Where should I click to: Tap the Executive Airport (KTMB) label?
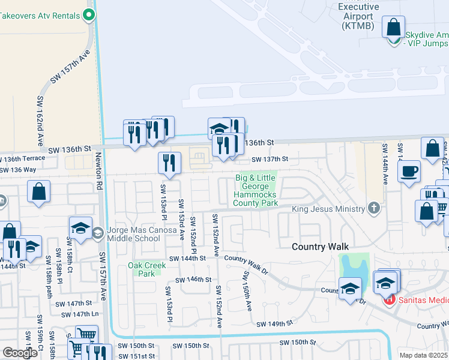pyautogui.click(x=358, y=16)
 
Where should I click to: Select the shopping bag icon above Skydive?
pyautogui.click(x=393, y=28)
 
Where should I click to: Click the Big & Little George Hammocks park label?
pyautogui.click(x=256, y=191)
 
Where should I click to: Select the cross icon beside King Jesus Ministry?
pyautogui.click(x=374, y=209)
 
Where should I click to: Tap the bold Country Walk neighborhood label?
pyautogui.click(x=320, y=247)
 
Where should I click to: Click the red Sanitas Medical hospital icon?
pyautogui.click(x=390, y=298)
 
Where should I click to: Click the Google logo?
pyautogui.click(x=20, y=353)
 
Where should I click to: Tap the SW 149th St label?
pyautogui.click(x=274, y=324)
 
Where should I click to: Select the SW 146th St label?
pyautogui.click(x=193, y=280)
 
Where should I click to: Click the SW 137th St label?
pyautogui.click(x=270, y=160)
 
